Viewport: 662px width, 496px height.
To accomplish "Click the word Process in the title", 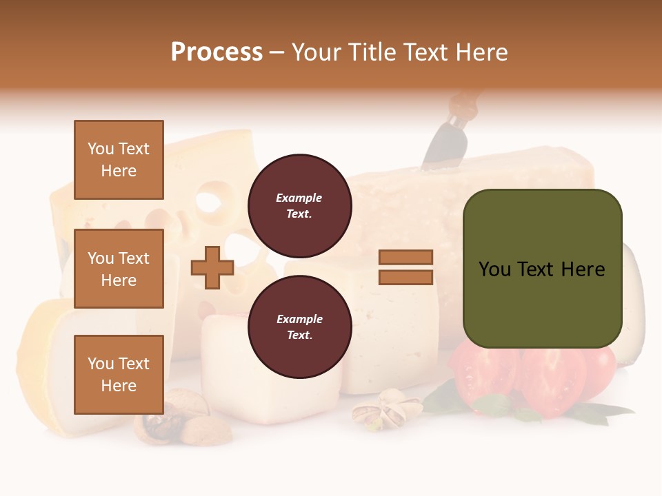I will tap(217, 52).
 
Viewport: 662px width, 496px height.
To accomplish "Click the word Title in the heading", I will tap(372, 52).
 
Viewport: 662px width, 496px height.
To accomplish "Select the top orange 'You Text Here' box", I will tap(119, 160).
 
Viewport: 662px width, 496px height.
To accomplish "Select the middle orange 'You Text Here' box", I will tap(119, 269).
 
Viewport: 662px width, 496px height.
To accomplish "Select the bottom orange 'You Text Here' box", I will tap(119, 374).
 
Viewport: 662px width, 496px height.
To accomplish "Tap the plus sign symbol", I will tap(212, 267).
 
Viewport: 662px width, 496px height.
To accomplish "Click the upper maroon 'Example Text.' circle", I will tap(299, 206).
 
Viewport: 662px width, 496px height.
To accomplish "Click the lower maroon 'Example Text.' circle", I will tap(299, 327).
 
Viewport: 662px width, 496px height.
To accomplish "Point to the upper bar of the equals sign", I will tap(405, 257).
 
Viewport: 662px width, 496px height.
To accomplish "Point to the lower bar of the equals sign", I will tap(405, 277).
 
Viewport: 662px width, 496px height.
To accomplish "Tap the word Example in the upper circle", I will tap(299, 198).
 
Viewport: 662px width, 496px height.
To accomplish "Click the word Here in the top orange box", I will tap(119, 171).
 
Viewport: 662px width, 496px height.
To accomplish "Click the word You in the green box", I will tap(495, 269).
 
